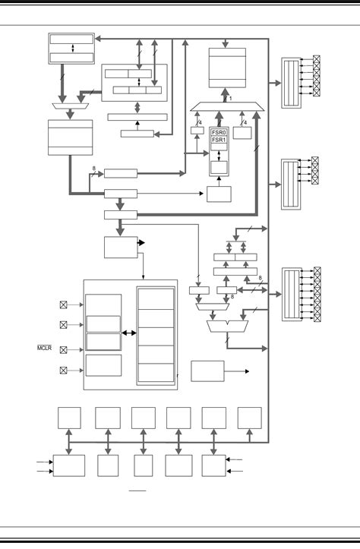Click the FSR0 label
219,131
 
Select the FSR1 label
219,140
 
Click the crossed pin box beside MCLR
64,349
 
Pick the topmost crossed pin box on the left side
64,304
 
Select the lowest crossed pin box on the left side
64,371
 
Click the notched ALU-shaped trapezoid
227,327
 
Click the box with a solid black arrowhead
119,248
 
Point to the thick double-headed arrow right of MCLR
128,333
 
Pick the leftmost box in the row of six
70,418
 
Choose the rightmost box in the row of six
249,418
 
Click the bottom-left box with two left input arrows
69,465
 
